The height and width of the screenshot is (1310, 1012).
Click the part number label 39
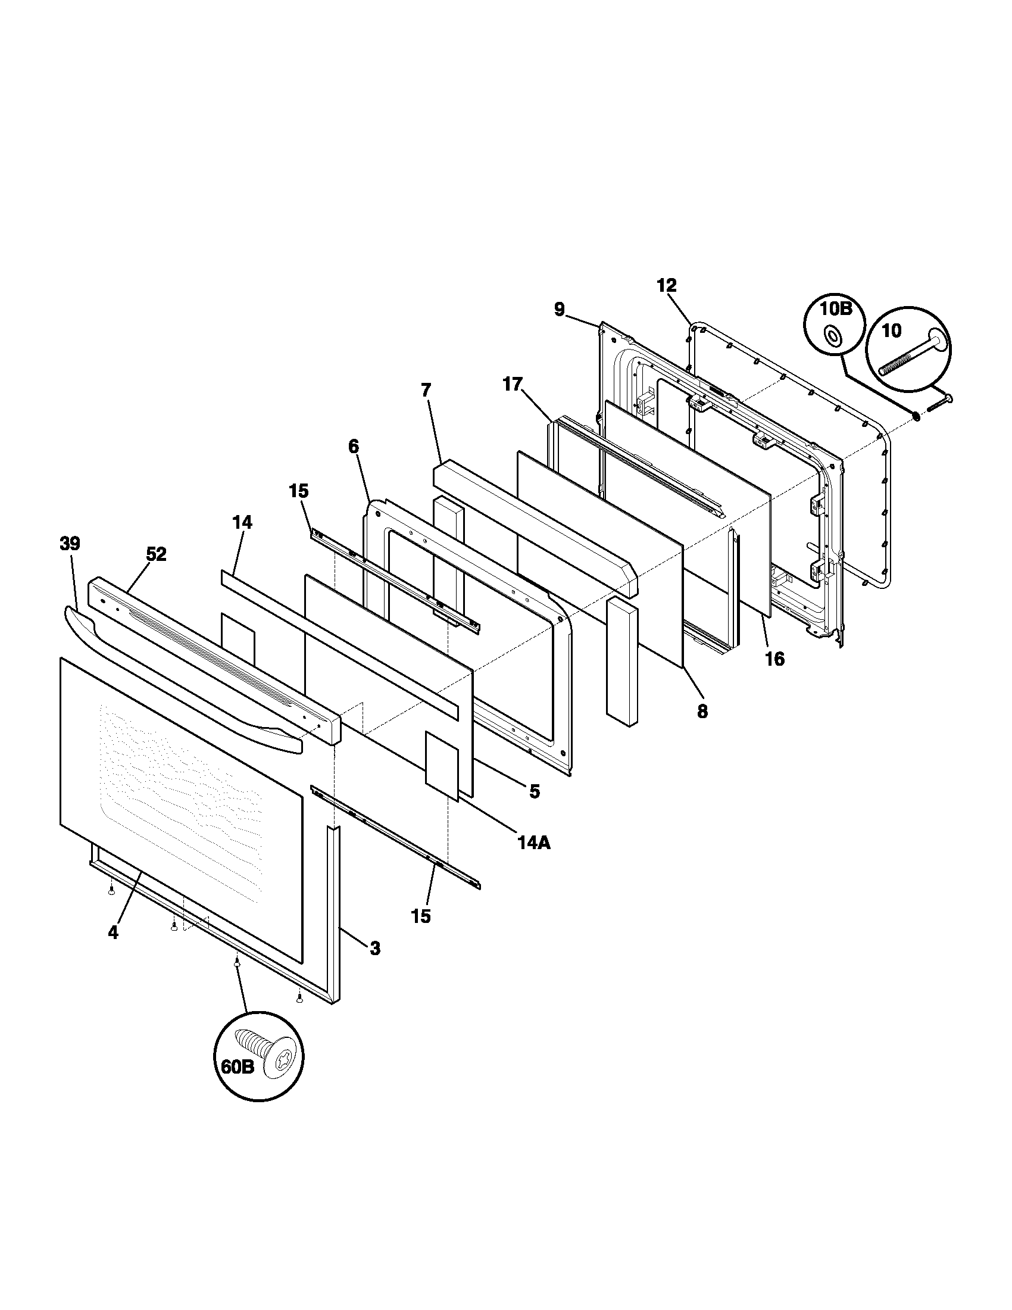pos(70,544)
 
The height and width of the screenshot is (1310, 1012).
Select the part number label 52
pos(156,555)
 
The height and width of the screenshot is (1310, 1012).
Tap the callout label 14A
pos(533,843)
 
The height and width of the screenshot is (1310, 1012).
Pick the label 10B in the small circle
pos(836,309)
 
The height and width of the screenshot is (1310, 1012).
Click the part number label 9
pos(559,310)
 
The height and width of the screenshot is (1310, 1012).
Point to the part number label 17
pos(513,385)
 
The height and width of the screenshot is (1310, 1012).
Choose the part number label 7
pos(426,391)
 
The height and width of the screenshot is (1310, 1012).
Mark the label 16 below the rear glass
pos(774,659)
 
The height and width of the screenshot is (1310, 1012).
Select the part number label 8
pos(702,712)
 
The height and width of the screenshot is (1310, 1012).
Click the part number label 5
pos(534,791)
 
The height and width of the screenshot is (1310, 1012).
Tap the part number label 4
pos(113,932)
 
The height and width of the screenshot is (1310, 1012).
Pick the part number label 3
pos(374,949)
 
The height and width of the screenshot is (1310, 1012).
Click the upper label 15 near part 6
pos(299,491)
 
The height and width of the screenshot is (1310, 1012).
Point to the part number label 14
pos(242,522)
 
